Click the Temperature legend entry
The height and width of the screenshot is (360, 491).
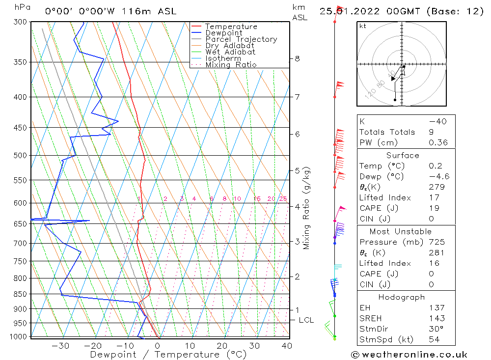click(x=231, y=27)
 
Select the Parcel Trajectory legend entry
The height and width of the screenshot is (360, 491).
click(x=241, y=39)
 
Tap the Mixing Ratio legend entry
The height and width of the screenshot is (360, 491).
click(x=231, y=64)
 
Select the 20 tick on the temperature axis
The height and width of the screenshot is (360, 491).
click(x=222, y=346)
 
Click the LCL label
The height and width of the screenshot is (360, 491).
click(x=306, y=320)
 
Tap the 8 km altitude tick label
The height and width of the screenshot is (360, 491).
click(x=297, y=58)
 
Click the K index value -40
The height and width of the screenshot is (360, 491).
click(x=437, y=121)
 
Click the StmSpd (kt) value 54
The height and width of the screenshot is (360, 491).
click(x=434, y=339)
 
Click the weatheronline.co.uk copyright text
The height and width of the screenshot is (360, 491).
click(x=409, y=355)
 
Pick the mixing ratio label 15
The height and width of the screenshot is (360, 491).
click(x=257, y=199)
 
